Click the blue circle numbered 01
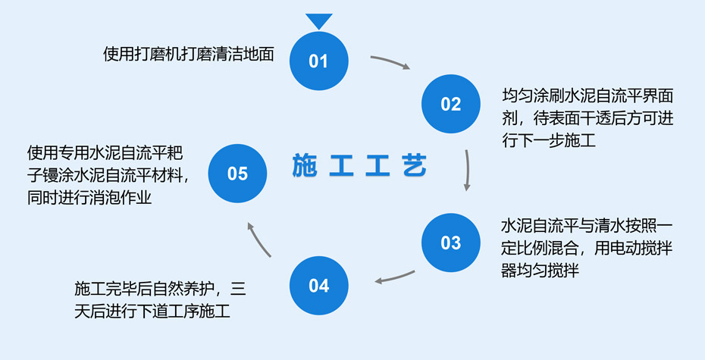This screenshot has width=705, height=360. point(318,61)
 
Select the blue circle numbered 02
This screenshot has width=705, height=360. point(450,104)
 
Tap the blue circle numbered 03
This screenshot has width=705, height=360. point(450,243)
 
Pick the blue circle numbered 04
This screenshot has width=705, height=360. point(319,286)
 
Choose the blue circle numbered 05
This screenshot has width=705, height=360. point(237,174)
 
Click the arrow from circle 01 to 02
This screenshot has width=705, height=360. point(390,61)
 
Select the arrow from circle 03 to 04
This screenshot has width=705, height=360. point(395,277)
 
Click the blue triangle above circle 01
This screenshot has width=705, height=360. point(319,20)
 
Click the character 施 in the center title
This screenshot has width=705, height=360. point(305,166)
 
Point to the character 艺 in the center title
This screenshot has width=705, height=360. point(414,166)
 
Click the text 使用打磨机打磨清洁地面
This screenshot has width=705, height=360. point(188,55)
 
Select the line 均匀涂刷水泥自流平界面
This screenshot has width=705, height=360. point(587,97)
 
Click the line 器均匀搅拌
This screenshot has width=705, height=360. point(540,270)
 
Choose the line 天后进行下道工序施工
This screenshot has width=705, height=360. point(153,311)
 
